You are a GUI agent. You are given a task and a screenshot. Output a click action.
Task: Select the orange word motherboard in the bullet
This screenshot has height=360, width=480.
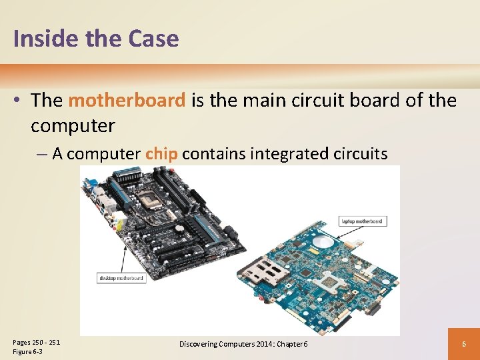pyautogui.click(x=127, y=101)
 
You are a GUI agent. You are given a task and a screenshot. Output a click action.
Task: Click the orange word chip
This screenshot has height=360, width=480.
pyautogui.click(x=161, y=154)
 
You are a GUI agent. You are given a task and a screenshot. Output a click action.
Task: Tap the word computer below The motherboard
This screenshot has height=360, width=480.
pyautogui.click(x=73, y=125)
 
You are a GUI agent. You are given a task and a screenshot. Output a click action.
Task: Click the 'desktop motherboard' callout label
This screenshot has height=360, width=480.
pyautogui.click(x=122, y=278)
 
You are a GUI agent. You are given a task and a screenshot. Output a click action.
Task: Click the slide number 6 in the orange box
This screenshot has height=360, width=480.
pyautogui.click(x=464, y=344)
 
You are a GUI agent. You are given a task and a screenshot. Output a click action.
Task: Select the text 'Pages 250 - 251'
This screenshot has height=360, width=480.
pyautogui.click(x=36, y=342)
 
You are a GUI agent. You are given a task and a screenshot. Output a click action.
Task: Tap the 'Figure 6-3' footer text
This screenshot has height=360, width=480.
pyautogui.click(x=28, y=351)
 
